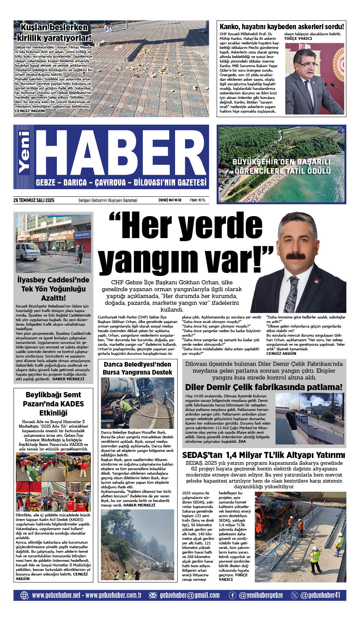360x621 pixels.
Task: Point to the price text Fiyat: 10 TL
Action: point(197,200)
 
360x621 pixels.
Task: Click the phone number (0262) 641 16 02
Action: point(170,200)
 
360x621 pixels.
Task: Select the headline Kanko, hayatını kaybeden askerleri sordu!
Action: point(282,27)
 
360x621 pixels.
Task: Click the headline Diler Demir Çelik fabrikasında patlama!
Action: point(264,387)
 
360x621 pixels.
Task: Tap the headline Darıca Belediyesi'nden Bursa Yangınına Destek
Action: point(137,368)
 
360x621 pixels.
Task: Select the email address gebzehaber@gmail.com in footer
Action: point(189,595)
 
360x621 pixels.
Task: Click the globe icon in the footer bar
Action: point(24,595)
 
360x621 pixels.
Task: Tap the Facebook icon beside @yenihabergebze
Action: point(232,595)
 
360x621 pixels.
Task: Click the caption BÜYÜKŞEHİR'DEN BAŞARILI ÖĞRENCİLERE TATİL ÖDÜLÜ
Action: point(282,166)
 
